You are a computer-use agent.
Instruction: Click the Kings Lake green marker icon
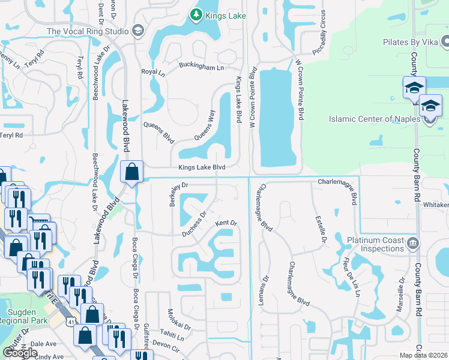[x=196, y=14]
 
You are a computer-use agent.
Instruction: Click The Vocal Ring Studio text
[x=88, y=31]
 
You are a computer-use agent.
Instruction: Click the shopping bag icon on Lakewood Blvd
[x=131, y=172]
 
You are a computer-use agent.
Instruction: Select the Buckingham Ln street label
[x=203, y=67]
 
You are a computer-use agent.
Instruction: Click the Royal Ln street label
[x=152, y=72]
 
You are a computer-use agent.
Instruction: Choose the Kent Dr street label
[x=227, y=223]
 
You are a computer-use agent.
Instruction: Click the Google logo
[x=20, y=353]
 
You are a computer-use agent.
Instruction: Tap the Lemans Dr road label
[x=262, y=290]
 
